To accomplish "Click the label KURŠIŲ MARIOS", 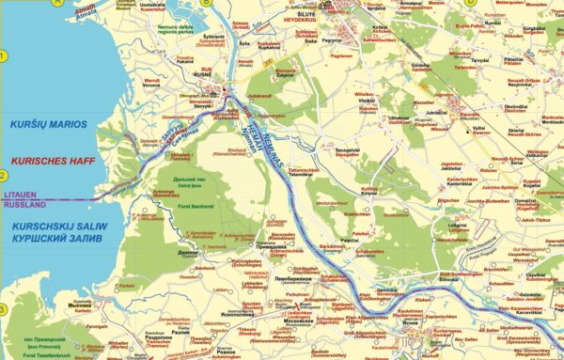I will pyautogui.click(x=48, y=124).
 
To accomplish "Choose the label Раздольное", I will pyautogui.click(x=149, y=337).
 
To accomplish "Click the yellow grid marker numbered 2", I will pyautogui.click(x=3, y=176).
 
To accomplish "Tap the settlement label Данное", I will pyautogui.click(x=187, y=253).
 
